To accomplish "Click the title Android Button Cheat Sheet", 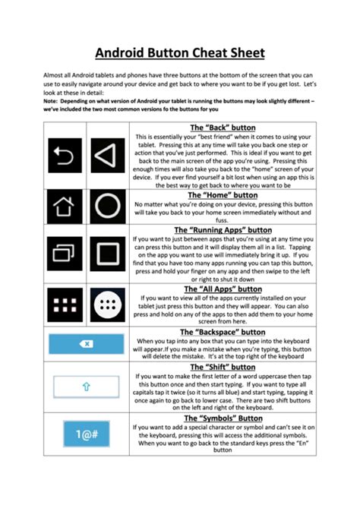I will point(179,53).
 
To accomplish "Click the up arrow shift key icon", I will point(87,387).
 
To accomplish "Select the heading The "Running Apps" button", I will point(223,229).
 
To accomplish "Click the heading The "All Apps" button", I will point(223,289).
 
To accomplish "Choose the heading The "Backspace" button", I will point(223,332).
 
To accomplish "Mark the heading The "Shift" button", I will point(223,367).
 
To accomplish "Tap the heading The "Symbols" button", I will point(223,418).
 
